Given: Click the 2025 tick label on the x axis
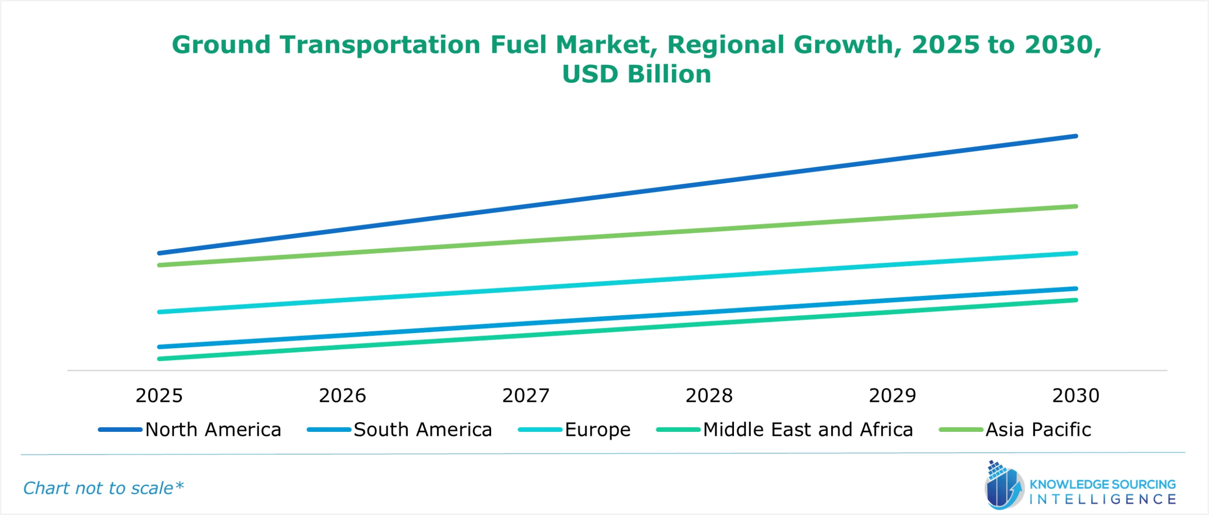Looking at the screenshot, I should coord(159,395).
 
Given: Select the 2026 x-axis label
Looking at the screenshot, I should coord(342,395).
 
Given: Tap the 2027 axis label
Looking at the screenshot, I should coord(526,395).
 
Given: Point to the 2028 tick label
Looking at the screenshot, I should coord(709,395).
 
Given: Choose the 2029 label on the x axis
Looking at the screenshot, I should coord(892,395).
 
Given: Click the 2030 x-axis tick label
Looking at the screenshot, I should coord(1076,395).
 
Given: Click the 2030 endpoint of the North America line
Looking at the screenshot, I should coord(1076,136).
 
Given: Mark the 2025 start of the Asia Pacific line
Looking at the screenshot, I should coord(160,265).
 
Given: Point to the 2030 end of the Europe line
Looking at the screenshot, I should coord(1076,253).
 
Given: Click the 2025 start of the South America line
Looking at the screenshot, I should coord(160,347).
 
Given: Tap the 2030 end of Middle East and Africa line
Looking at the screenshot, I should coord(1076,300).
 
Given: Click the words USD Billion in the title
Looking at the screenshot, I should coord(636,74).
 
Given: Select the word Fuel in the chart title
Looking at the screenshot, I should coord(518,45).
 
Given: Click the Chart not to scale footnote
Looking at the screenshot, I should coord(103,488).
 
